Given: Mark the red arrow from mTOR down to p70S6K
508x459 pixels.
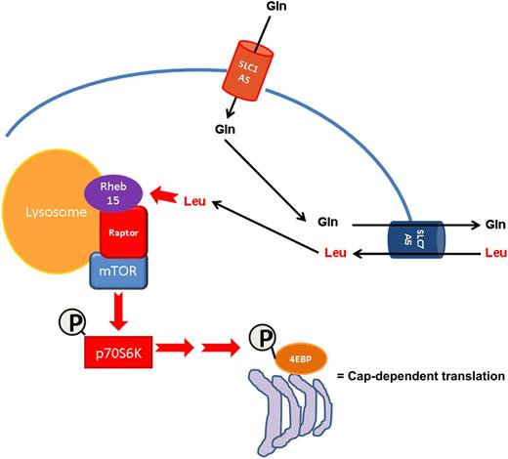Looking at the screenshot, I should [x=120, y=313].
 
